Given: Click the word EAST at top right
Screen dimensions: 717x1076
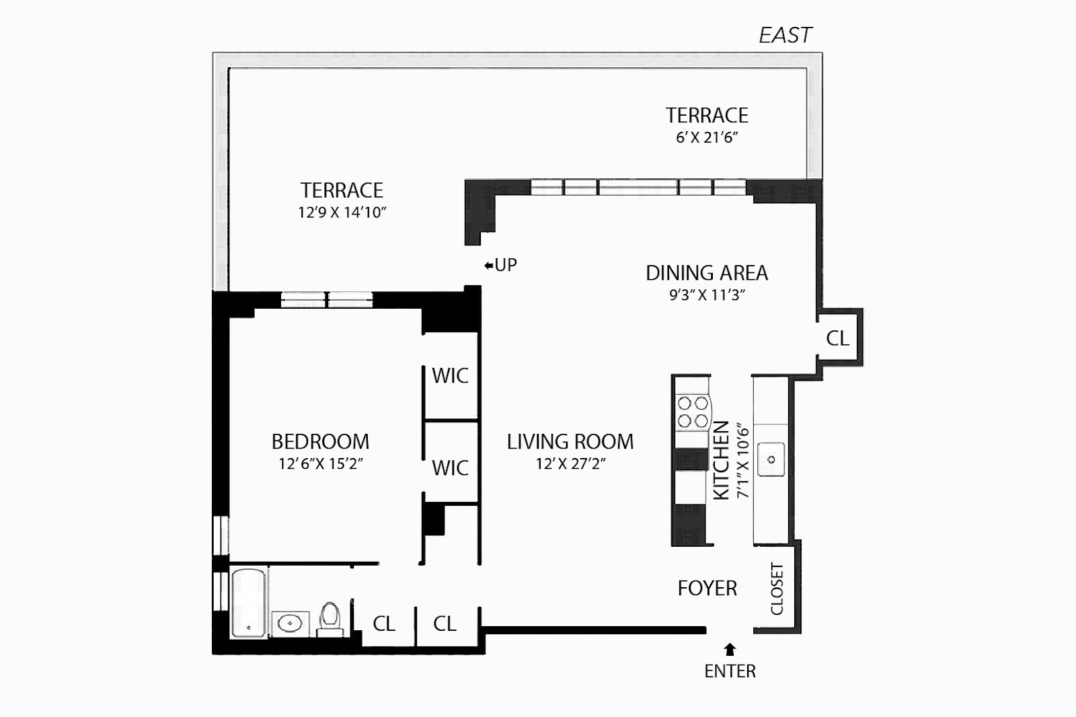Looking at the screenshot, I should point(785,35).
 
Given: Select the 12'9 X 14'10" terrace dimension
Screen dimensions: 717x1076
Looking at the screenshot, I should point(342,213).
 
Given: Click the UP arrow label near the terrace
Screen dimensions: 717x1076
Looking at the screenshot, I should point(501,265).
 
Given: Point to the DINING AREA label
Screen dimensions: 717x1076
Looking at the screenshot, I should point(706,273).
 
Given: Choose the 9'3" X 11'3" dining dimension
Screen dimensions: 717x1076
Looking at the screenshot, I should point(707,295).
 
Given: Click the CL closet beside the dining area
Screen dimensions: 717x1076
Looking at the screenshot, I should point(837,338).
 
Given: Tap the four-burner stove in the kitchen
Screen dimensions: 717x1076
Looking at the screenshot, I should point(693,412).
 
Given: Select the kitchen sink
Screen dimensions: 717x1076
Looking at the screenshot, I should point(771,460).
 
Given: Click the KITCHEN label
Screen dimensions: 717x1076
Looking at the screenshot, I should point(721,460).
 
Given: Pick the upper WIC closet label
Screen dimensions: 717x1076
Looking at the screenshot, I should point(450,376).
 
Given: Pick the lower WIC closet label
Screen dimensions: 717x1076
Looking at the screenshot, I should point(450,467).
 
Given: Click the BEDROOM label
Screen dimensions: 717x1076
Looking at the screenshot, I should point(320,442).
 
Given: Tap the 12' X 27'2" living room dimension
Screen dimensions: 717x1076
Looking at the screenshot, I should point(570,464).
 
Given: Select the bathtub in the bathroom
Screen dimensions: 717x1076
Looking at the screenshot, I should point(249,602).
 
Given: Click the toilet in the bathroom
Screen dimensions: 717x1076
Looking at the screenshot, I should point(330,619).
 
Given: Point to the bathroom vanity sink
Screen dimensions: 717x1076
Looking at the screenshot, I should point(291,623).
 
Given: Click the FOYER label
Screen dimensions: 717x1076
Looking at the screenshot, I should point(707,589).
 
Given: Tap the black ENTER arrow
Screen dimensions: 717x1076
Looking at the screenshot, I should point(730,649).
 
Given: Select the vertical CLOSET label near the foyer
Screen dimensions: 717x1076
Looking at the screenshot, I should point(777,589).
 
